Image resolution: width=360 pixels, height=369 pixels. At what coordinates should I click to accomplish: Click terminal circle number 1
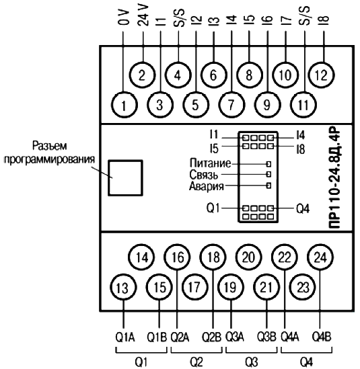tap(124, 105)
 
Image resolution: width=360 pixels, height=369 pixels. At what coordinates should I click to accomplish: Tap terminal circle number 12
tap(322, 75)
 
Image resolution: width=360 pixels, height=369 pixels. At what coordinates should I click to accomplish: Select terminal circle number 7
tap(231, 105)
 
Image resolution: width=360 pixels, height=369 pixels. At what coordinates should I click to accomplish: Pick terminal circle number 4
tap(178, 75)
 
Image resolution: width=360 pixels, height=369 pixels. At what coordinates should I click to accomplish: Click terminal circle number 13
tap(123, 288)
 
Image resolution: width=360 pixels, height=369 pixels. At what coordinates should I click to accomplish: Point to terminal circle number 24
tap(320, 257)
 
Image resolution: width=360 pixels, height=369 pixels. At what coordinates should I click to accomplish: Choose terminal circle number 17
tap(195, 288)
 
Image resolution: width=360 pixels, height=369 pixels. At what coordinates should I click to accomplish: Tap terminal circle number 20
tap(249, 257)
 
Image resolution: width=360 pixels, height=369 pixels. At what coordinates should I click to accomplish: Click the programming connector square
tap(125, 178)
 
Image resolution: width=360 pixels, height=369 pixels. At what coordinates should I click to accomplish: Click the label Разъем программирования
tap(50, 153)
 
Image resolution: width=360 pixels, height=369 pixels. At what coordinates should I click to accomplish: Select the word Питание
tap(211, 163)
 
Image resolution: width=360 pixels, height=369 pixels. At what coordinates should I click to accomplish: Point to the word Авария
tap(207, 186)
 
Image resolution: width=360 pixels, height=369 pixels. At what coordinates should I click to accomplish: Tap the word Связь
tap(204, 175)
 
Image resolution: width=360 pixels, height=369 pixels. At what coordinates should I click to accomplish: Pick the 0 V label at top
tap(124, 17)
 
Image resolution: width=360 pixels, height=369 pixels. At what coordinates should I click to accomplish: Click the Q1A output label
tap(125, 337)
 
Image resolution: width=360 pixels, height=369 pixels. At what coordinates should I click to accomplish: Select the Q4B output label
tap(322, 337)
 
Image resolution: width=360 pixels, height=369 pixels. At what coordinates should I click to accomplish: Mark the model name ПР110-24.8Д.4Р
tap(334, 178)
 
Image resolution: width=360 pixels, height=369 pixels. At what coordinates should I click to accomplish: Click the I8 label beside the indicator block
tap(301, 149)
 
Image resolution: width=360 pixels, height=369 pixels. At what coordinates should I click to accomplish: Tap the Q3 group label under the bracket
tap(252, 362)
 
